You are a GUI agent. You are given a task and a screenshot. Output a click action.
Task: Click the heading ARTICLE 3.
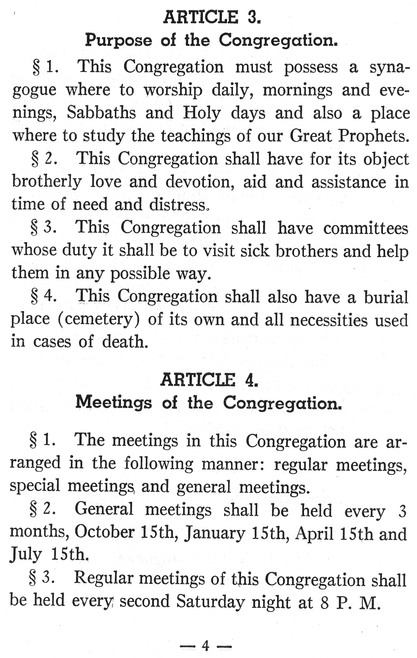(x=212, y=17)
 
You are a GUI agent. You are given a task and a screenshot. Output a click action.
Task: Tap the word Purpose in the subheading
(x=119, y=40)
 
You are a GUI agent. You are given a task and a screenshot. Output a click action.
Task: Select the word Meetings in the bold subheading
(x=113, y=402)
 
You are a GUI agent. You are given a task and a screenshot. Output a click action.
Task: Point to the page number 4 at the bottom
(x=206, y=645)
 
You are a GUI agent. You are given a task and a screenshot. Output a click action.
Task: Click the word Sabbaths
(x=101, y=113)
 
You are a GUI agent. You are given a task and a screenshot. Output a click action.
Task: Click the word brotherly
(x=47, y=182)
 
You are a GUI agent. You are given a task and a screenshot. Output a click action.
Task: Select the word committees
(x=366, y=227)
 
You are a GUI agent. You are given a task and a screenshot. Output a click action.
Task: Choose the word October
(x=104, y=532)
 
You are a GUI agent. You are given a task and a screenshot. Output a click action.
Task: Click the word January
(x=215, y=533)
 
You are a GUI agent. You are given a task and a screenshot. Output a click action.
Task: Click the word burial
(x=386, y=297)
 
